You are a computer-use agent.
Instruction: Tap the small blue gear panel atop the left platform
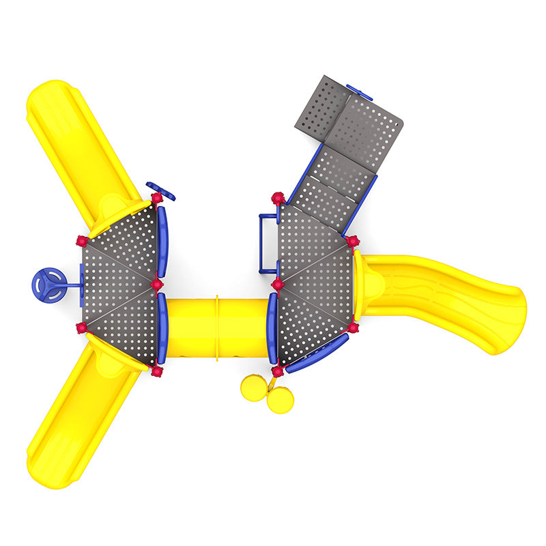pyautogui.click(x=161, y=190)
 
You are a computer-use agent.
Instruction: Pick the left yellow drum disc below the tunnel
pyautogui.click(x=253, y=388)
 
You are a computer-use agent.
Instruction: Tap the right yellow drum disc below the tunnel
pyautogui.click(x=280, y=399)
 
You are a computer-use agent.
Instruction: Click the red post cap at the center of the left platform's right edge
pyautogui.click(x=157, y=284)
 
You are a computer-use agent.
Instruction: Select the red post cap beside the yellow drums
pyautogui.click(x=277, y=371)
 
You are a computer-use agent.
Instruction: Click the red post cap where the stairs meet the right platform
pyautogui.click(x=278, y=199)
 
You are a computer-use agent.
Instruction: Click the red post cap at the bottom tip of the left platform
pyautogui.click(x=156, y=371)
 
